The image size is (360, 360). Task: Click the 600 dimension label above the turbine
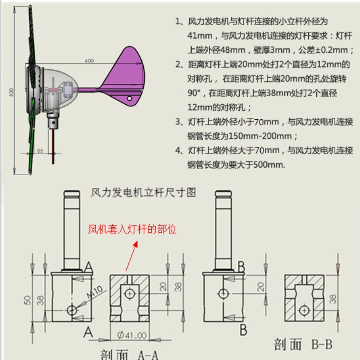89,61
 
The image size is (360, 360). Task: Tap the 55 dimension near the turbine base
40,150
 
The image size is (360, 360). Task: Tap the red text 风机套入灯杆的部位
133,230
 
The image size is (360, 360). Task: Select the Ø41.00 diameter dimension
132,335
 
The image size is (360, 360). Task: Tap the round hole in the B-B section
305,310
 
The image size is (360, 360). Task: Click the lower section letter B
243,331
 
